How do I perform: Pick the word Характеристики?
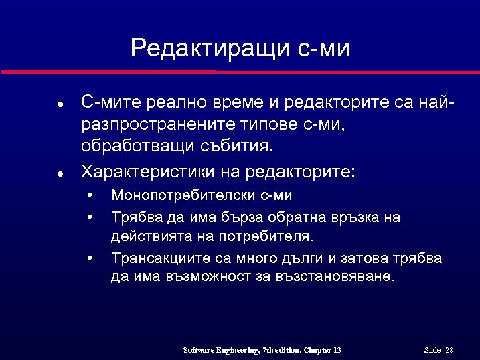coord(145,172)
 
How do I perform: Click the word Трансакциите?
coord(157,258)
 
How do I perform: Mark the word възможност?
coord(214,277)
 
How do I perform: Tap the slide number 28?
coord(449,351)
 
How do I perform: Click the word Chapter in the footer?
coord(315,351)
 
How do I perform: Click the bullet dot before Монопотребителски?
coord(89,196)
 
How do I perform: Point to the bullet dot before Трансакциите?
coord(89,258)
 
